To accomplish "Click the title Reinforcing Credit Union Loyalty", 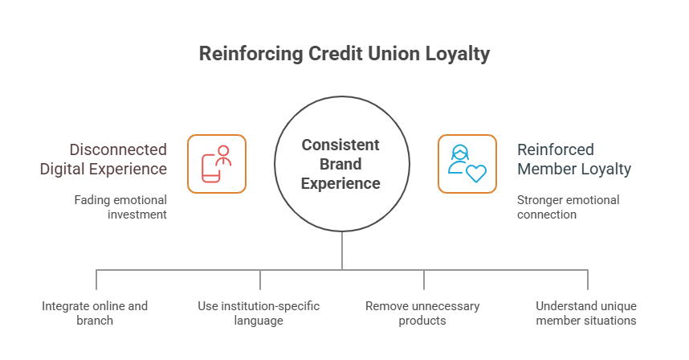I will tap(344, 55).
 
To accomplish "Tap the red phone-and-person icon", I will tap(217, 164).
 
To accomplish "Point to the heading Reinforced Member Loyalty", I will tap(573, 159).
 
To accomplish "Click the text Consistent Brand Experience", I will tap(340, 164).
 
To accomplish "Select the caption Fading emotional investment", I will tap(120, 207).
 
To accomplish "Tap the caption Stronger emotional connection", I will tap(568, 207).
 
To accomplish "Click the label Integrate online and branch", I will tap(95, 313).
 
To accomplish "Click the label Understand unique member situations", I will tap(586, 313).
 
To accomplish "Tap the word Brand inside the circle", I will tap(340, 164).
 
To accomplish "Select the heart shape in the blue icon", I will tap(475, 173).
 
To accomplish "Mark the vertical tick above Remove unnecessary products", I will tap(424, 280).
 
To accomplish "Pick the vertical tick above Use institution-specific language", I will tap(260, 280).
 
